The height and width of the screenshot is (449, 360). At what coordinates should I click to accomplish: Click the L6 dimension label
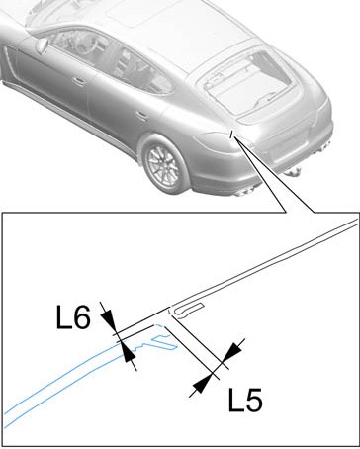pos(73,316)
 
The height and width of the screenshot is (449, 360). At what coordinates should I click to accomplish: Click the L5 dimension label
pos(245,400)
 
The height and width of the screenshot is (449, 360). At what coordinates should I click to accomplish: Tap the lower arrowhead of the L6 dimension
pos(128,353)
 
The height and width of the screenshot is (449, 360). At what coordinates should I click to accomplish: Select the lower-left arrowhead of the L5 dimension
pos(202,384)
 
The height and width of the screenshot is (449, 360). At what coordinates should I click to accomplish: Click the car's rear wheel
pos(164,164)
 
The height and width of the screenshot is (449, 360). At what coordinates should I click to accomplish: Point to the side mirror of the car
pos(42,45)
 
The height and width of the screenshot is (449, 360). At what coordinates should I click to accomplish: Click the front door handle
pos(79,81)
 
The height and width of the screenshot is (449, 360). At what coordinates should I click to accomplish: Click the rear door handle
pos(141,115)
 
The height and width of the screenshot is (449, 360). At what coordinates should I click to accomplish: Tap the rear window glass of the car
pos(247,83)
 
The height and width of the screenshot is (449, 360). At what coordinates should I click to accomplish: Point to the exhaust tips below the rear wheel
pos(244,191)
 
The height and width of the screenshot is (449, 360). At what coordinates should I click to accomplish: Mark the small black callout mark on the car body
pos(232,134)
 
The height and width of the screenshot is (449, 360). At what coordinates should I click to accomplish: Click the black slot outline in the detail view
pos(189,310)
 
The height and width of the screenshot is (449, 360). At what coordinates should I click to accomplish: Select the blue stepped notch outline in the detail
pos(156,343)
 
